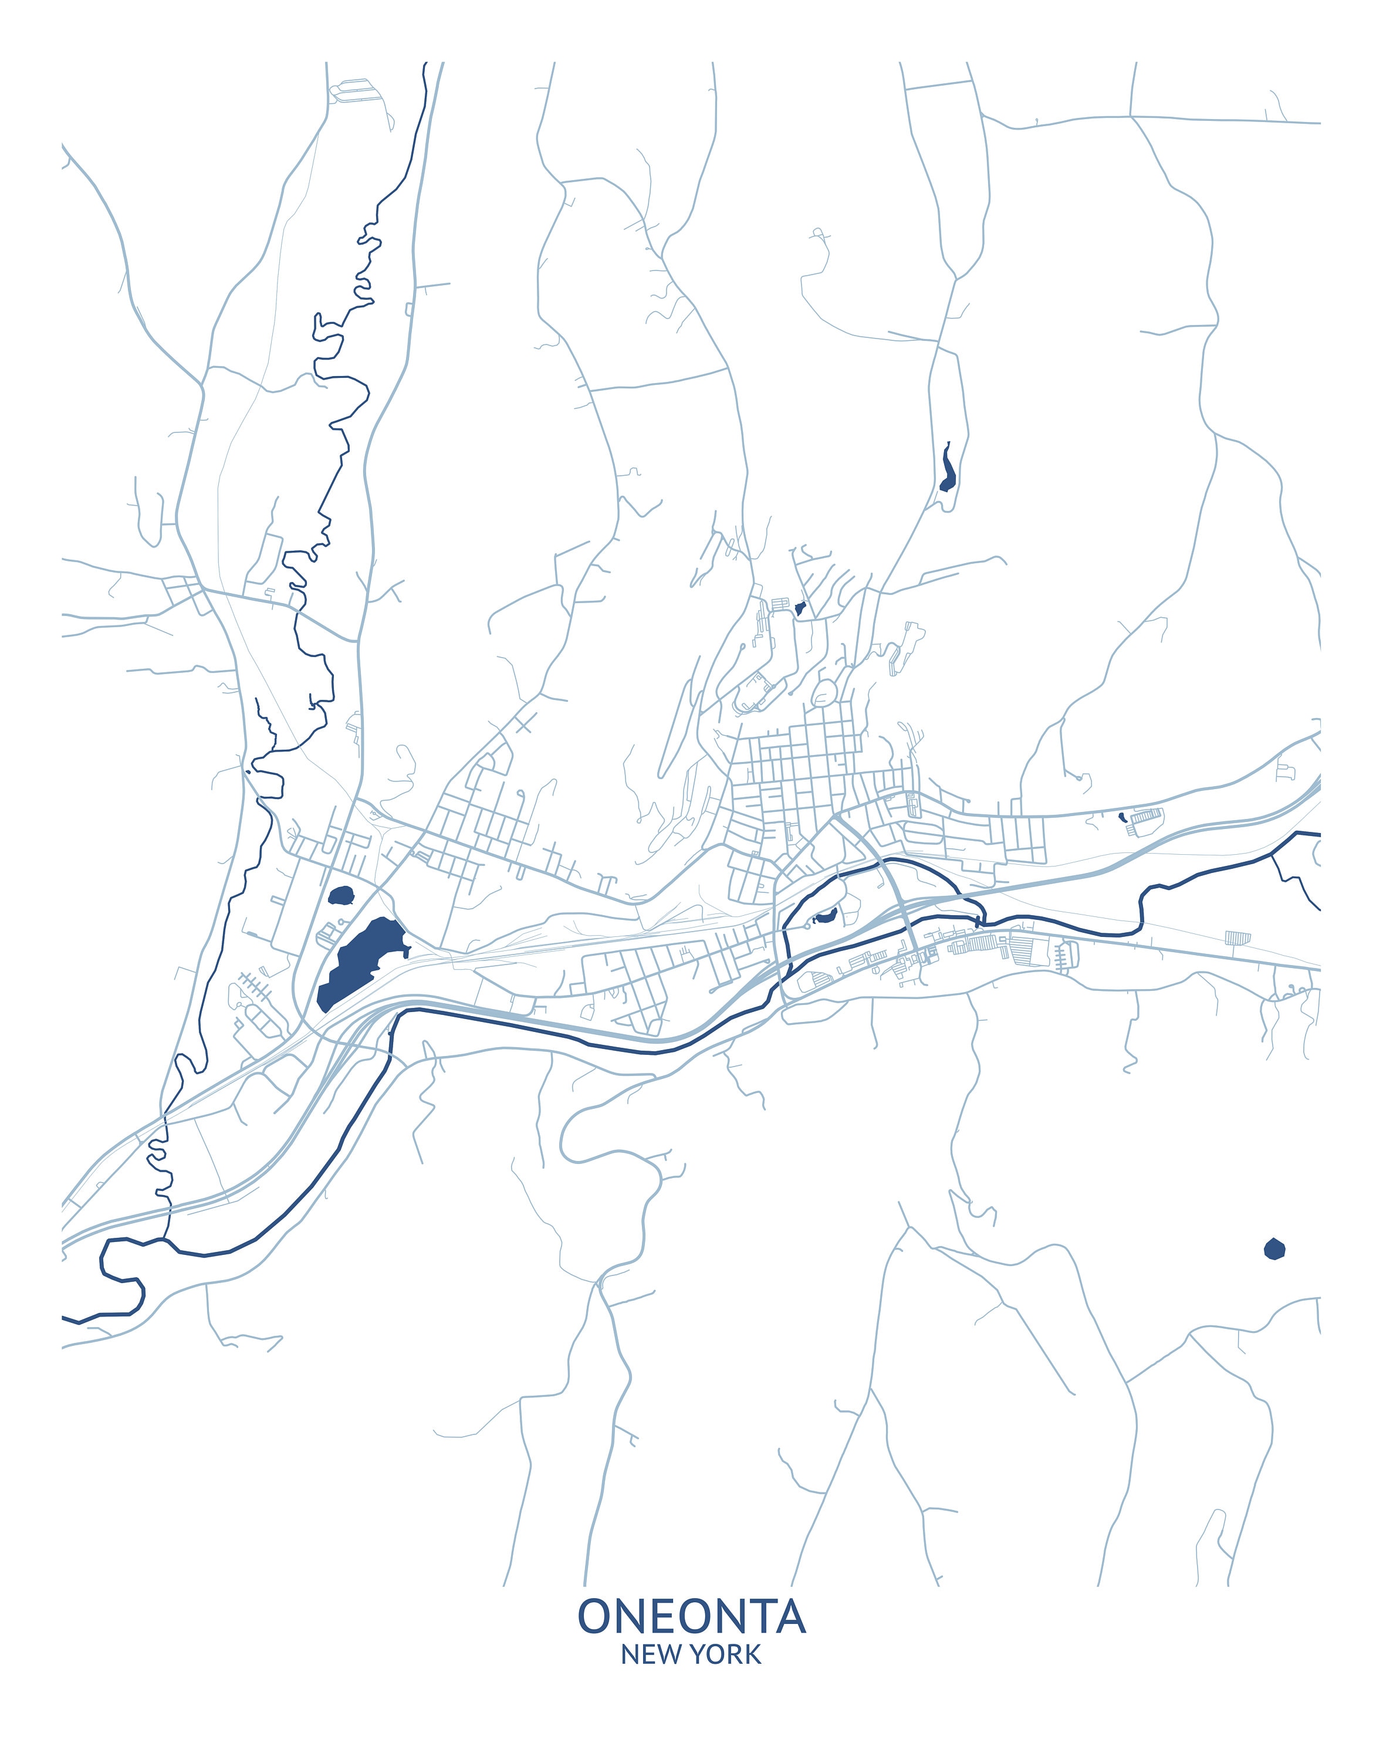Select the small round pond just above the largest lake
pos(341,895)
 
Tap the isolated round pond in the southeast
pos(1274,1249)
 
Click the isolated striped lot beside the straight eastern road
pos(1237,937)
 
